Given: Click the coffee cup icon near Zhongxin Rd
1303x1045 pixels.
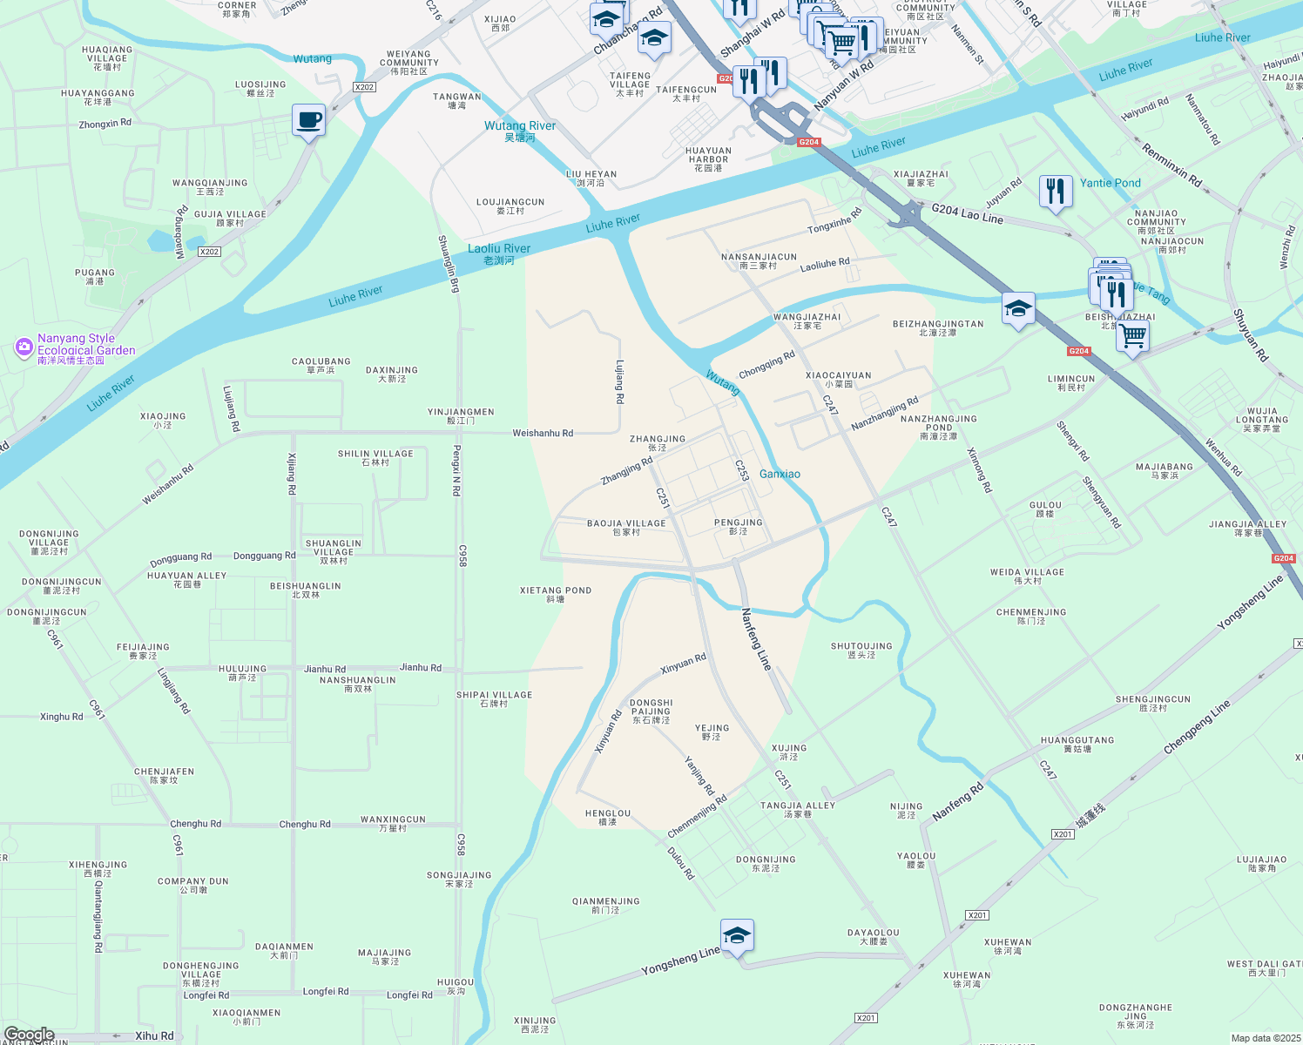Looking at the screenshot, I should pyautogui.click(x=308, y=120).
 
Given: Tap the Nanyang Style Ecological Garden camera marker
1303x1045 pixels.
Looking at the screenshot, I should pyautogui.click(x=24, y=348).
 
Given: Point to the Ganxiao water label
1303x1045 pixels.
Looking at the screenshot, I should pyautogui.click(x=780, y=475).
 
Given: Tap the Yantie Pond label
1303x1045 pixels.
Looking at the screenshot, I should pyautogui.click(x=1110, y=183).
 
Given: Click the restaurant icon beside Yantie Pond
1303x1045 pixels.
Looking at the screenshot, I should pyautogui.click(x=1055, y=191).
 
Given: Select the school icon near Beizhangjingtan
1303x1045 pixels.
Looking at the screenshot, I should pyautogui.click(x=1017, y=308).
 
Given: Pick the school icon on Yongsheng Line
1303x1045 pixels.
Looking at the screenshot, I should pyautogui.click(x=737, y=936).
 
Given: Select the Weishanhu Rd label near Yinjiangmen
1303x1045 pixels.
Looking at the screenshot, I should pyautogui.click(x=543, y=433).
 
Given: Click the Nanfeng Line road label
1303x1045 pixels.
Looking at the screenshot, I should pyautogui.click(x=756, y=639).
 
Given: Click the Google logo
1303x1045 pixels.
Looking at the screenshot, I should pyautogui.click(x=29, y=1035).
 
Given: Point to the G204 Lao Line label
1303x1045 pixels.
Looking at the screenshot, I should pyautogui.click(x=967, y=213).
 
